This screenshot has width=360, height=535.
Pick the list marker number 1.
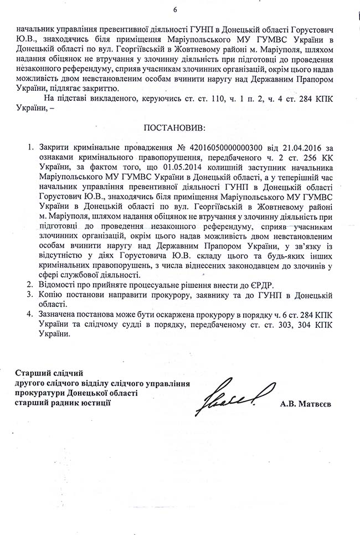[x=30, y=148]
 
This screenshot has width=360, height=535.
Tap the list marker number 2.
[x=30, y=285]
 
